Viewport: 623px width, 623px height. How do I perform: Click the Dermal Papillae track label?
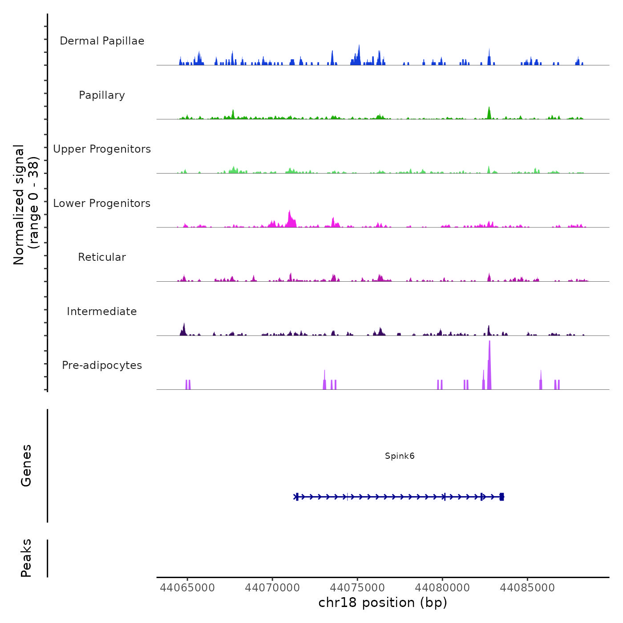point(102,41)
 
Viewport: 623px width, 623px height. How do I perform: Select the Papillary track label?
point(102,95)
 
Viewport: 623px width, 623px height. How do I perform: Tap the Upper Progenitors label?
point(102,149)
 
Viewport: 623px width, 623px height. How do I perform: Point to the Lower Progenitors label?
point(102,203)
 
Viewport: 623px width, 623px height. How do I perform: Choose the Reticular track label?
point(102,257)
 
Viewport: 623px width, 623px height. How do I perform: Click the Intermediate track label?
point(102,311)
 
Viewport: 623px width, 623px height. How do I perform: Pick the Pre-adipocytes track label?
point(102,365)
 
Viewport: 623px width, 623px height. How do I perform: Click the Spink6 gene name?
point(400,456)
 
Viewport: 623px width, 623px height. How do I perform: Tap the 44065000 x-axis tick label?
point(187,588)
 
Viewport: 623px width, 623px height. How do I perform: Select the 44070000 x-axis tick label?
point(272,588)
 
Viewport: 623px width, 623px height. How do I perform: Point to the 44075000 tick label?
point(358,588)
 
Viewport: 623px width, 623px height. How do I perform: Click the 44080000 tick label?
point(442,588)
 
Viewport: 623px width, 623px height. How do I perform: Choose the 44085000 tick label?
point(527,588)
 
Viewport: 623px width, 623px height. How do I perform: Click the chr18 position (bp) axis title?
point(383,603)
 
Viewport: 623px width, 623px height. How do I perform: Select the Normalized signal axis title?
point(26,205)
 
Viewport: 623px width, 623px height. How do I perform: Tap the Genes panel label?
point(26,465)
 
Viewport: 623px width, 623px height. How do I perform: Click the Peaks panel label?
point(26,558)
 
